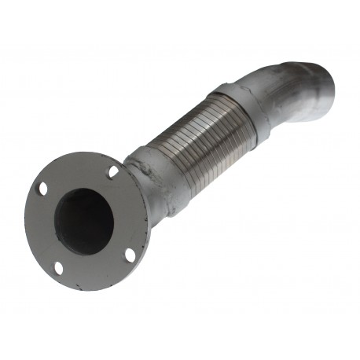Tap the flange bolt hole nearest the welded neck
pos(113,171)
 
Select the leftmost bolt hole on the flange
pos(41,189)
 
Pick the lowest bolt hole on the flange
pos(58,267)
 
